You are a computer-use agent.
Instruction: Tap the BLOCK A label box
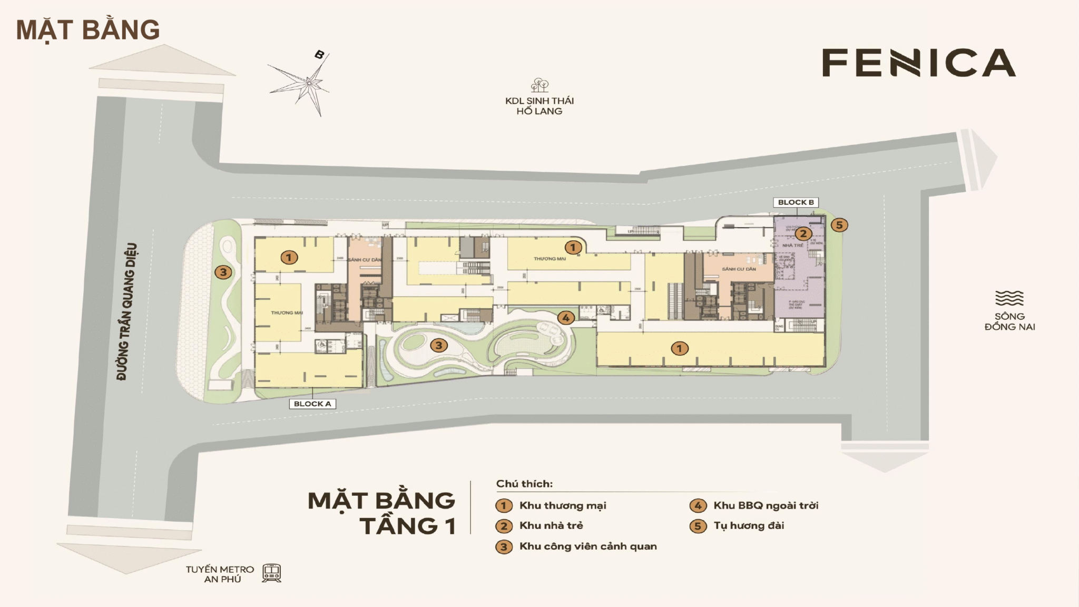(312, 404)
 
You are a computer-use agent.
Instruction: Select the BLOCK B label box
(796, 202)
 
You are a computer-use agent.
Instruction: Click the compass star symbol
(308, 83)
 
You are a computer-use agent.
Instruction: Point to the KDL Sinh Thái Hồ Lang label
(539, 106)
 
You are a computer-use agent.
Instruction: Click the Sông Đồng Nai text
(1009, 321)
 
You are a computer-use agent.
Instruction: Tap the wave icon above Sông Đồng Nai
(1009, 298)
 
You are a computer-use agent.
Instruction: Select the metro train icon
(272, 573)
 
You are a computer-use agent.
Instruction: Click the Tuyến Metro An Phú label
(220, 574)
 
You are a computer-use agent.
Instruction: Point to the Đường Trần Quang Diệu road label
(126, 311)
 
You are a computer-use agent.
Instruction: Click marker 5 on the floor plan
(839, 225)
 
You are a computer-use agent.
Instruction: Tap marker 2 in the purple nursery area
(803, 233)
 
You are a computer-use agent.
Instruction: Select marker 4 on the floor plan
(565, 318)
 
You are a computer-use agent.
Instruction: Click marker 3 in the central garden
(438, 346)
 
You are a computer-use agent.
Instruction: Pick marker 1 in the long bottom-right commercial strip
(679, 348)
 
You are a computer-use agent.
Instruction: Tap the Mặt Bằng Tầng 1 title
(382, 513)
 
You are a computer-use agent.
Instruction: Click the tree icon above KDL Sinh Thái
(539, 85)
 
